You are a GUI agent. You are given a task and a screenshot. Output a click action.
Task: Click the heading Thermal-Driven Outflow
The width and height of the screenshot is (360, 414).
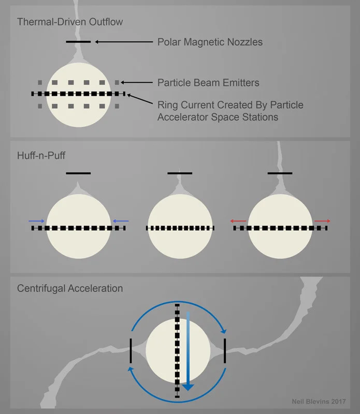coord(70,22)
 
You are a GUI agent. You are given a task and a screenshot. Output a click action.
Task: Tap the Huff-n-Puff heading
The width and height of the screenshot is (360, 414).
coord(41,155)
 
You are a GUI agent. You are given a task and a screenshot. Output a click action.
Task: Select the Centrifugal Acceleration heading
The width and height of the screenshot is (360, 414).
coord(70,288)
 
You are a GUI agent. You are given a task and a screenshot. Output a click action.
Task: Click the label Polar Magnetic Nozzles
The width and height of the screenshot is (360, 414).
coord(210,42)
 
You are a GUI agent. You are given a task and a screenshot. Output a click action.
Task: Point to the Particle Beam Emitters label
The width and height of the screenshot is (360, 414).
coord(208,83)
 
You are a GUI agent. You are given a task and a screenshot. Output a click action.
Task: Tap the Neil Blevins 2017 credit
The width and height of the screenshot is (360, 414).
coord(319,402)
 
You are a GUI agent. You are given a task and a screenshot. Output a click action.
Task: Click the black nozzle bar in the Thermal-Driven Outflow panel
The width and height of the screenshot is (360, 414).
coord(78,42)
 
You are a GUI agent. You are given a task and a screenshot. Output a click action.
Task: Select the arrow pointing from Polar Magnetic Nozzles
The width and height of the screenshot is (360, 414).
coord(124,42)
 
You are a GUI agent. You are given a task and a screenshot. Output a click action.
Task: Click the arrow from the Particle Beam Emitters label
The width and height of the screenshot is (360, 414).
coord(137,82)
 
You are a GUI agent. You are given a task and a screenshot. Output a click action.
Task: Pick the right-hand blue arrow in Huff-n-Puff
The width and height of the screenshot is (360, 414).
coord(121,221)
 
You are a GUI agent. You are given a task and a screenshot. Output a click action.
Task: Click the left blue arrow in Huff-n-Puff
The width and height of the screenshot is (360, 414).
coord(36,221)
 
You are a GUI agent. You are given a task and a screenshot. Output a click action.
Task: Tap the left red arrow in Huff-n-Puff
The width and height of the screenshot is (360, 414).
coord(238,221)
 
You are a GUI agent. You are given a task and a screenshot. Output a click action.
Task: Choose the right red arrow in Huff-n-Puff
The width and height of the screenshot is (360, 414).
coord(323,221)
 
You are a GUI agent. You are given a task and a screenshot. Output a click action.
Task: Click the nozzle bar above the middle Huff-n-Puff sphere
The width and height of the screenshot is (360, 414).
coord(180,173)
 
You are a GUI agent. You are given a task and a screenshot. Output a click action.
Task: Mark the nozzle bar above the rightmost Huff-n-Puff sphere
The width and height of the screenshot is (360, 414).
coord(280,173)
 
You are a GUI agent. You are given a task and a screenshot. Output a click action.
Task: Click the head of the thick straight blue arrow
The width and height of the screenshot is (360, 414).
coord(188,387)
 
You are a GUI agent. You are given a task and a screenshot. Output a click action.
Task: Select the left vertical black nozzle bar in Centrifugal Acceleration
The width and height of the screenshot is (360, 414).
coord(131,351)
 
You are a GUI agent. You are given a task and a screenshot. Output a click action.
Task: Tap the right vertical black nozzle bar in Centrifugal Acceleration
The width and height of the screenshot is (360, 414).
coord(225,351)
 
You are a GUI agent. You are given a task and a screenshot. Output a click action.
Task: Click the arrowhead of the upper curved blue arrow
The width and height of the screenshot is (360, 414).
coord(224,331)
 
